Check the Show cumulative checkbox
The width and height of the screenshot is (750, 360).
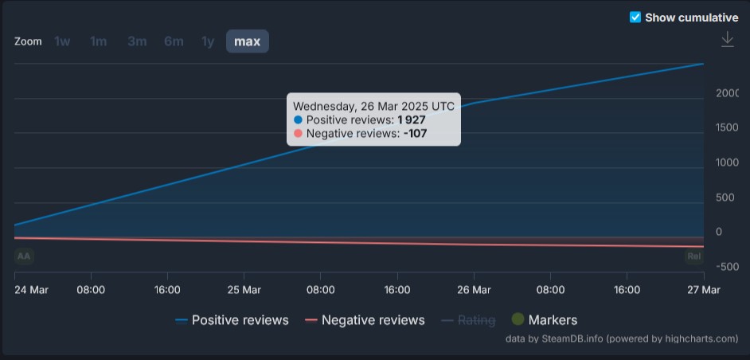coord(635,18)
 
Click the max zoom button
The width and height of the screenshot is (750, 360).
coord(247,41)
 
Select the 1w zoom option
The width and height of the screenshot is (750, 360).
coord(62,41)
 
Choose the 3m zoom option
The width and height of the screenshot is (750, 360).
coord(137,41)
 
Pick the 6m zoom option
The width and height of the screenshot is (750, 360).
coord(174,41)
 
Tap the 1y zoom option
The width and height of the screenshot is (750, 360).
coord(208,41)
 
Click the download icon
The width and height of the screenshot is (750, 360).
coord(727,40)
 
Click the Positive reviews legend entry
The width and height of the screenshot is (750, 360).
coord(240,320)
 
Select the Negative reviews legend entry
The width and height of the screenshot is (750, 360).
coord(373,320)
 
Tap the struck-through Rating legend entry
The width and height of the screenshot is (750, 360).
coord(476,320)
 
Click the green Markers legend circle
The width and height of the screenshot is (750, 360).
coord(518,319)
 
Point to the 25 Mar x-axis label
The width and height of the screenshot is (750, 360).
coord(244,290)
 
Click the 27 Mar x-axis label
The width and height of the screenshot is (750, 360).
coord(703,290)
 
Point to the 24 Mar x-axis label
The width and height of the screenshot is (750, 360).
coord(32,290)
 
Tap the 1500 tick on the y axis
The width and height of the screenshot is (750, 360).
coord(727,127)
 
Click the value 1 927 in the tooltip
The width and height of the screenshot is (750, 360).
coord(412,119)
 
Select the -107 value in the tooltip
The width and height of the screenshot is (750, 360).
coord(415,134)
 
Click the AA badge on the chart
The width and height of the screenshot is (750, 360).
coord(24,256)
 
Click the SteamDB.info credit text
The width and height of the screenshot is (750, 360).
coord(561,338)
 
